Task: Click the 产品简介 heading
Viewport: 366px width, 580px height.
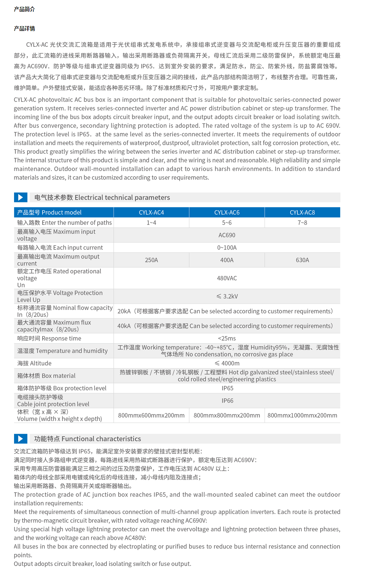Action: [24, 9]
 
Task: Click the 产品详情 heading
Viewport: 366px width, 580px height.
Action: [24, 28]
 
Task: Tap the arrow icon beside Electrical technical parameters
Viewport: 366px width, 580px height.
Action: [20, 197]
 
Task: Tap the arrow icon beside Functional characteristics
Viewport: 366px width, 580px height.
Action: [20, 438]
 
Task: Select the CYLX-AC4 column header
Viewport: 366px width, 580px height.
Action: [151, 212]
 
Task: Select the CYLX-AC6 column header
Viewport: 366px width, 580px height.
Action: [227, 212]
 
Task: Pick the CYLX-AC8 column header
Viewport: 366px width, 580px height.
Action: [302, 212]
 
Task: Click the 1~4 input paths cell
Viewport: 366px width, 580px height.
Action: [151, 223]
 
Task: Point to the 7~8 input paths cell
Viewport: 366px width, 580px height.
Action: [302, 223]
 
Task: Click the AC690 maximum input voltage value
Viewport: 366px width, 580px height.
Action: [227, 235]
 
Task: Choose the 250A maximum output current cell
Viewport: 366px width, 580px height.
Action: [151, 260]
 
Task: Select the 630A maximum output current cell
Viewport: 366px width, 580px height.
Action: [302, 260]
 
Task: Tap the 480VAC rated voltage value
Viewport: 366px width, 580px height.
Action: [227, 278]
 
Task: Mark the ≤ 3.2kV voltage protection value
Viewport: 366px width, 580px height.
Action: [227, 296]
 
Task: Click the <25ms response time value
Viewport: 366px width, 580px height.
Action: [227, 338]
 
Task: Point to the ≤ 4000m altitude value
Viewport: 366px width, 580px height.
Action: [227, 363]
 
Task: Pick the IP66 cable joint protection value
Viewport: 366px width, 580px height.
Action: [227, 401]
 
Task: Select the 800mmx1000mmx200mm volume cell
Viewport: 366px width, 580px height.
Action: [302, 415]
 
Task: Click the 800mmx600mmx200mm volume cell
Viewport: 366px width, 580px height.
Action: [151, 415]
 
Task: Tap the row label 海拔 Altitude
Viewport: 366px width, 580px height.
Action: [34, 363]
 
